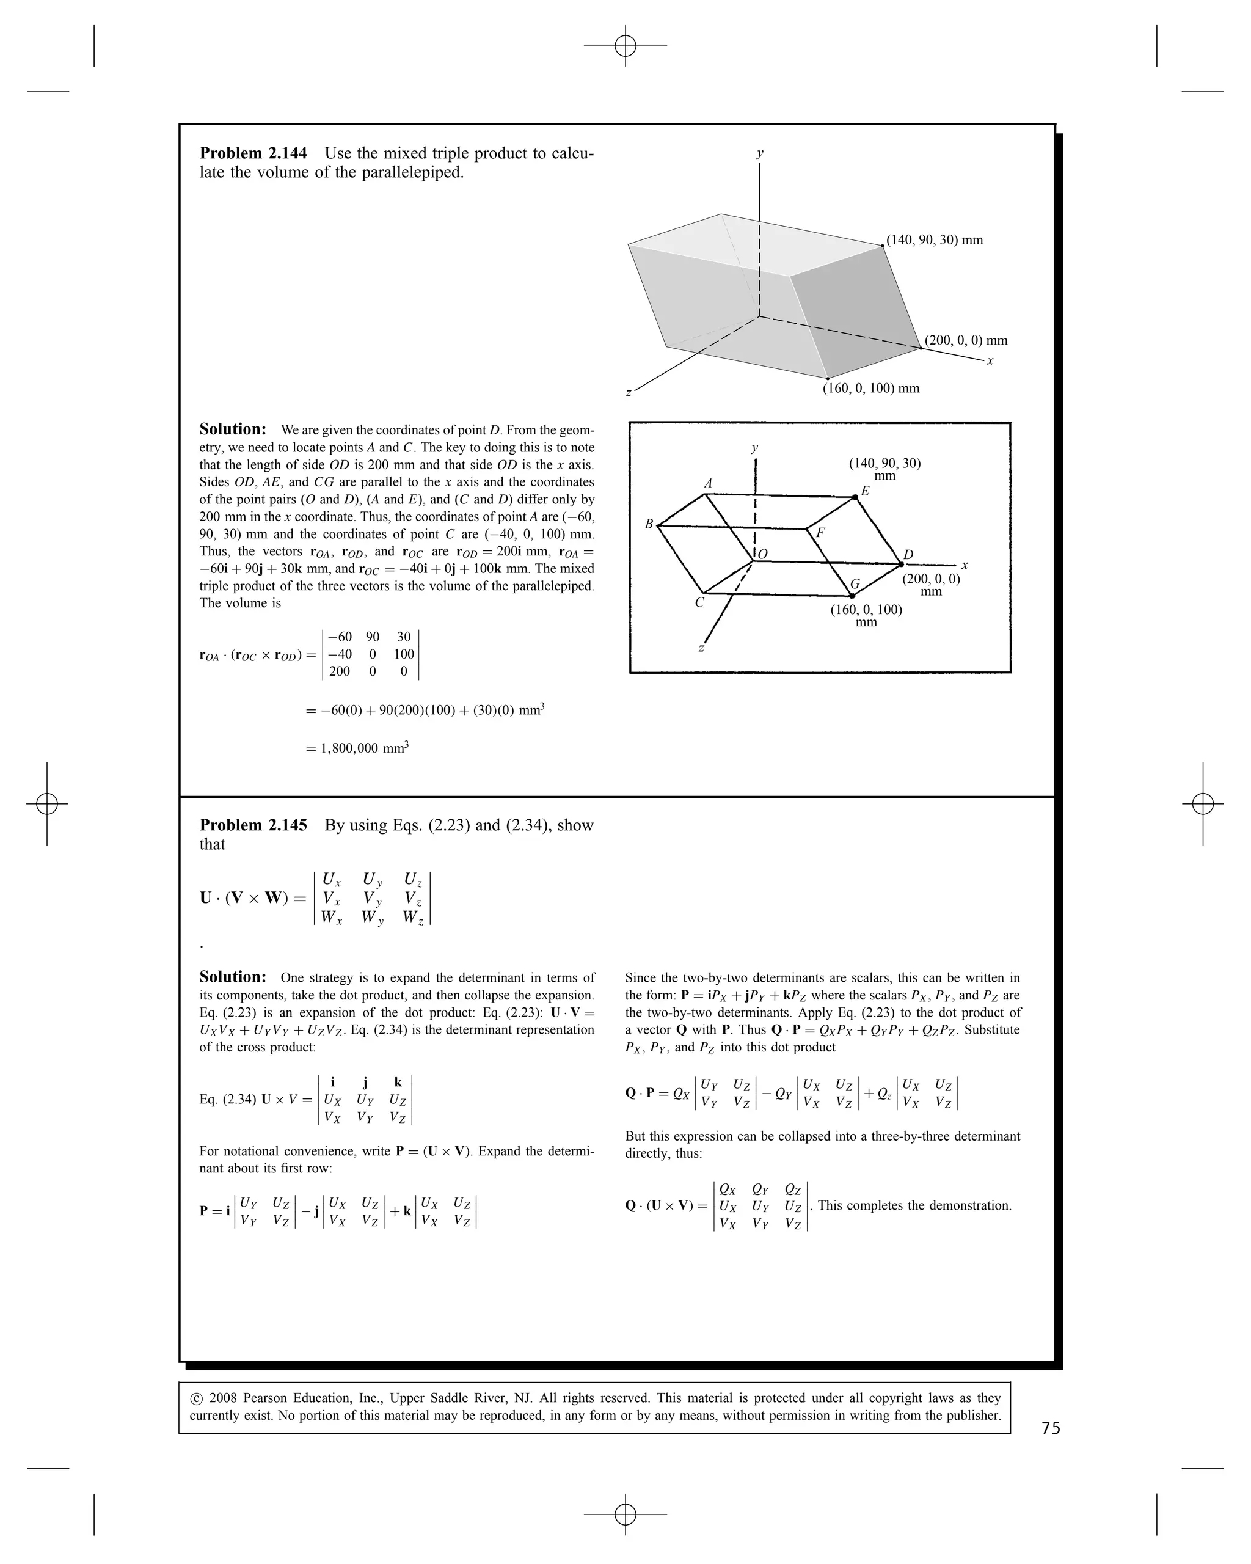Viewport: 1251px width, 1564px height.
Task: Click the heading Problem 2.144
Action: pos(253,153)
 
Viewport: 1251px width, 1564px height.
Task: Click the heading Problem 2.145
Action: pos(253,825)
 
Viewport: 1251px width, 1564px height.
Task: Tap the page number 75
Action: pos(1051,1428)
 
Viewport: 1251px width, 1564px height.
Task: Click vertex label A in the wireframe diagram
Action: pos(709,483)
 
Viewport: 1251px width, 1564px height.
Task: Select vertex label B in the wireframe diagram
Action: pos(649,524)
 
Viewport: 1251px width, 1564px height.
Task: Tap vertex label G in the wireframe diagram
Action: pos(855,584)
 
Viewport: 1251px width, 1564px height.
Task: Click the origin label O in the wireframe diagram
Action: pos(763,554)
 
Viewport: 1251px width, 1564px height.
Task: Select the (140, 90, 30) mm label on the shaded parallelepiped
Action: pos(934,240)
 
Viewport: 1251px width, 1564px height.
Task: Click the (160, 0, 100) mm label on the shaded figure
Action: pos(871,388)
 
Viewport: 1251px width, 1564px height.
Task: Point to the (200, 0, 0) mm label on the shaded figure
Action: pos(966,340)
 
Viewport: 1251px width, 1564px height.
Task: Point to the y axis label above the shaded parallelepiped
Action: pos(759,153)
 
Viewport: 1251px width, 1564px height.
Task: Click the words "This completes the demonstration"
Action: pos(914,1205)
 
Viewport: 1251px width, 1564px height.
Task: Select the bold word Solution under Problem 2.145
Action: pos(233,977)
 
